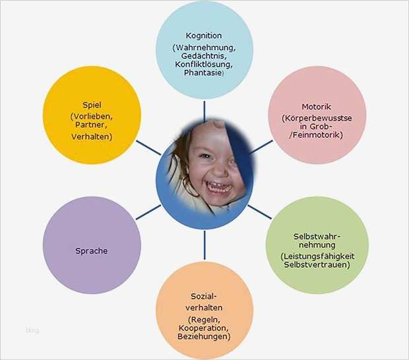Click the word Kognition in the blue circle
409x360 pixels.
point(204,36)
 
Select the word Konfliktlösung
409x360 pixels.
point(204,64)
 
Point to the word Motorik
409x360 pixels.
point(317,107)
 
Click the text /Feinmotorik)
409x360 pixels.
point(316,135)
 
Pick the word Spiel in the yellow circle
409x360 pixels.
point(92,105)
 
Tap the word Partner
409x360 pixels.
point(91,125)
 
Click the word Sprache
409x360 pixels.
point(91,251)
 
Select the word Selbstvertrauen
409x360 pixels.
point(317,264)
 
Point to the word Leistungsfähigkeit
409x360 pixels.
point(317,256)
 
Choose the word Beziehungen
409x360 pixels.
point(204,336)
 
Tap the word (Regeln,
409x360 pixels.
point(204,319)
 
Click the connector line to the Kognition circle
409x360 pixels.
point(204,111)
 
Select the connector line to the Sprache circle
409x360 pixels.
point(148,212)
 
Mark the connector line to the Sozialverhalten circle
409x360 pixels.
point(204,245)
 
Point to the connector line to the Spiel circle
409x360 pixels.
point(148,148)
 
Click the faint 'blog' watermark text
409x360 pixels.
point(32,330)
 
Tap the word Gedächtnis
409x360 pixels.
point(204,56)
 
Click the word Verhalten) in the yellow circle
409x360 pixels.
point(92,136)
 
